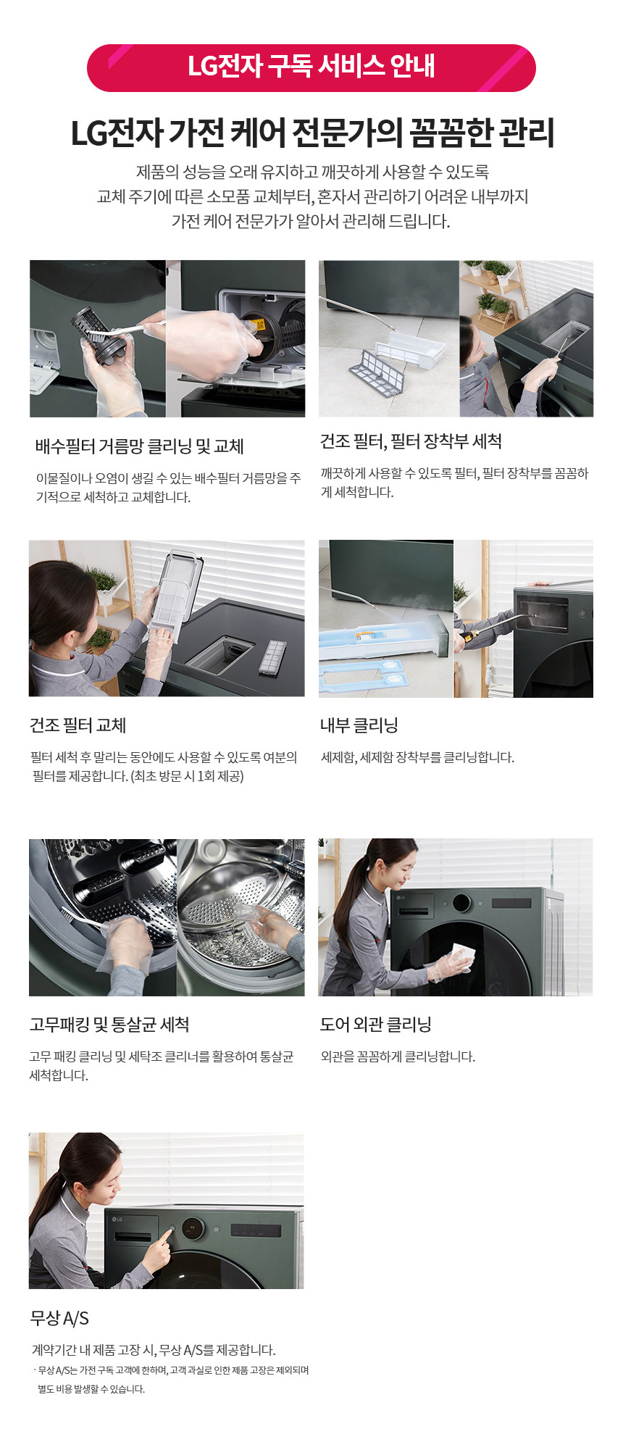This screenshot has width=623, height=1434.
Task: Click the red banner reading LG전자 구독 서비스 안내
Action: [x=311, y=67]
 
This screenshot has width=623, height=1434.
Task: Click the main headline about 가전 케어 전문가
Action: [x=312, y=133]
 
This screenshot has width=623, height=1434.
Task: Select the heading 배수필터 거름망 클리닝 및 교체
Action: [x=139, y=446]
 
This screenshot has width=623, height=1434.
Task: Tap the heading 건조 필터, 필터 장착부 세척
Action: [x=411, y=441]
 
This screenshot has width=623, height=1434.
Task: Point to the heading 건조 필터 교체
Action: [x=78, y=725]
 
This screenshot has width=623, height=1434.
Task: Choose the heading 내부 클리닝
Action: [x=359, y=725]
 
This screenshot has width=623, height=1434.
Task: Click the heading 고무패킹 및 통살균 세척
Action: [x=109, y=1025]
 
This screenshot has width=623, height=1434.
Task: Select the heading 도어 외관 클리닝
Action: [x=376, y=1025]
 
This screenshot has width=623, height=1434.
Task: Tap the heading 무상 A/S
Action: [x=59, y=1318]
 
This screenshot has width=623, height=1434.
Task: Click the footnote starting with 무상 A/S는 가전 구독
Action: [x=172, y=1380]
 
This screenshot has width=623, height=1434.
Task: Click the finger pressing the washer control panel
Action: [x=166, y=1238]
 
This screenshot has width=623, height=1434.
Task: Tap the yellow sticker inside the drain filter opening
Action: [x=259, y=323]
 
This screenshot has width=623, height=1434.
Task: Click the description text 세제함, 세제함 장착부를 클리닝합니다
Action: [x=417, y=757]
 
